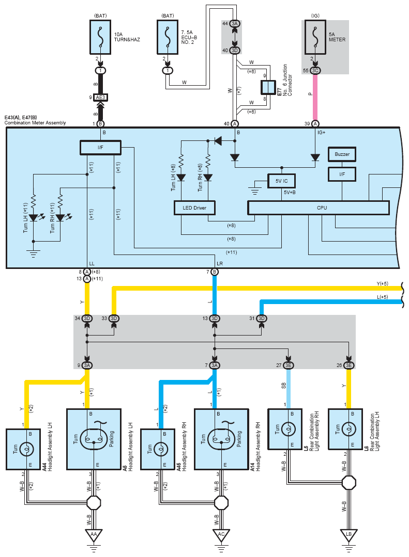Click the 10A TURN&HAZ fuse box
pyautogui.click(x=100, y=37)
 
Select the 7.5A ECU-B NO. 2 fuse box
pyautogui.click(x=168, y=37)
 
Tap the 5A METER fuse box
pyautogui.click(x=315, y=37)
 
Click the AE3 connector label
pyautogui.click(x=100, y=98)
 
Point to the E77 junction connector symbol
pyautogui.click(x=268, y=87)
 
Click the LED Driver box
pyautogui.click(x=194, y=208)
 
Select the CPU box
pyautogui.click(x=319, y=208)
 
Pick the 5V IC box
pyautogui.click(x=282, y=181)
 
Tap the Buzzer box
pyautogui.click(x=342, y=154)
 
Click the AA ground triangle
pyautogui.click(x=94, y=534)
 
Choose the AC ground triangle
pyautogui.click(x=221, y=534)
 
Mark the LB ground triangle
pyautogui.click(x=349, y=534)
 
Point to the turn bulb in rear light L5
pyautogui.click(x=289, y=429)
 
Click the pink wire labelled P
pyautogui.click(x=315, y=98)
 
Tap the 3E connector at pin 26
pyautogui.click(x=349, y=365)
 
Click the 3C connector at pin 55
pyautogui.click(x=315, y=70)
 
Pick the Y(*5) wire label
pyautogui.click(x=382, y=284)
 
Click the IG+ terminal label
pyautogui.click(x=322, y=133)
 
